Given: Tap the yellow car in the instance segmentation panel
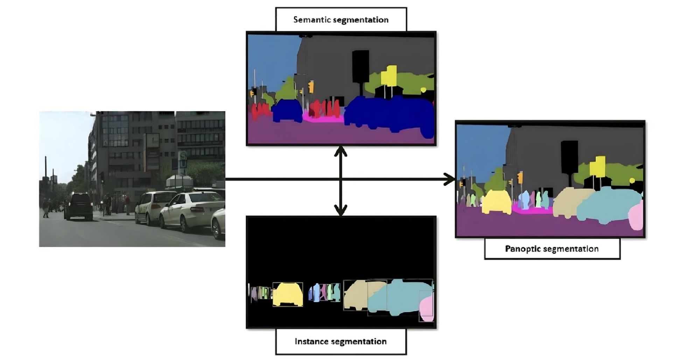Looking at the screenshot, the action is pos(288,295).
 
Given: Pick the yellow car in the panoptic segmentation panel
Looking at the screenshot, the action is pos(497,202).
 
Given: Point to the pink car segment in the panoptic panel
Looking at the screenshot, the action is pos(636,215).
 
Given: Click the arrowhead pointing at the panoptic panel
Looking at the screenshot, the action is pos(449,179).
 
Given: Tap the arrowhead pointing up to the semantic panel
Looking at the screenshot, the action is pos(341,151).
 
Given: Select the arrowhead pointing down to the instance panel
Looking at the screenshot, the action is pos(341,210).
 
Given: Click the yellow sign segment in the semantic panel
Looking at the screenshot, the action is pos(389,76).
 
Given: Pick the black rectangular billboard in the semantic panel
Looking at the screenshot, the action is pos(360,66).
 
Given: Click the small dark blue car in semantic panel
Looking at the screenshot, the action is pos(287,111).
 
